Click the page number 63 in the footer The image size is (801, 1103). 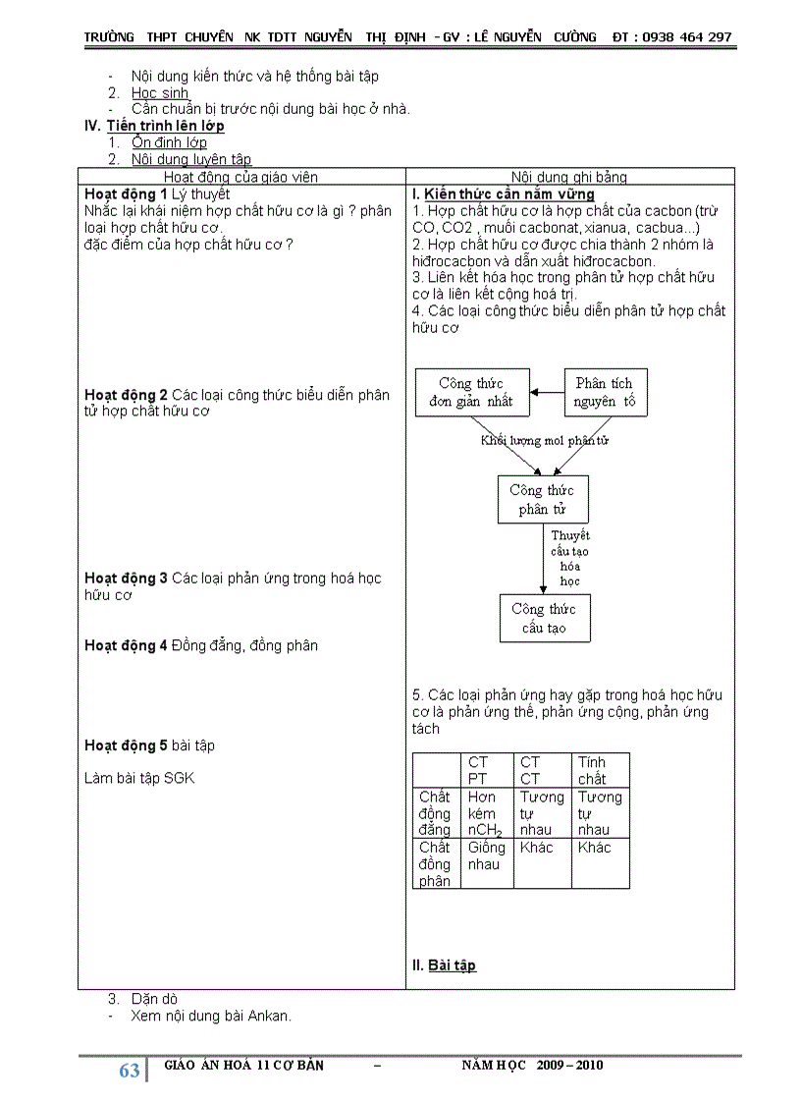click(129, 1071)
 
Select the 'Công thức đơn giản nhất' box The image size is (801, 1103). click(471, 393)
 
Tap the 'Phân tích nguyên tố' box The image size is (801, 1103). click(605, 393)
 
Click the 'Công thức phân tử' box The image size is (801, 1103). click(541, 499)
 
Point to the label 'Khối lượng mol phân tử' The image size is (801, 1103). click(545, 441)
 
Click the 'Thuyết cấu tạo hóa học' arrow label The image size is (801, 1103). click(569, 558)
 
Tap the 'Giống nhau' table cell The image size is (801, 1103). click(487, 855)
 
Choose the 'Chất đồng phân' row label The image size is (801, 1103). click(435, 863)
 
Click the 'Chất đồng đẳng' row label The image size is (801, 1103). click(435, 813)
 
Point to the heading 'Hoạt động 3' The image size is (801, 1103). click(127, 579)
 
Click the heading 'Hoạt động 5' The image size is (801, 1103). click(127, 745)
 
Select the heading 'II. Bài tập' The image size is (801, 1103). click(444, 965)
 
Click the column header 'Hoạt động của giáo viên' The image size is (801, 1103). click(240, 177)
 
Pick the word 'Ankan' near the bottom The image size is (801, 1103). click(269, 1016)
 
